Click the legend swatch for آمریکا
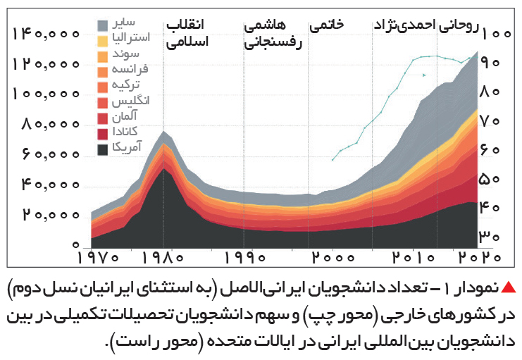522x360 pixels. click(103, 149)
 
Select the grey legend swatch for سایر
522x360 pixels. click(103, 25)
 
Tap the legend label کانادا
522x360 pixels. click(125, 132)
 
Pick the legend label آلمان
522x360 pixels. click(125, 116)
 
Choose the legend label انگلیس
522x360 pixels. click(130, 101)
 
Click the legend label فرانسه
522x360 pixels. click(130, 69)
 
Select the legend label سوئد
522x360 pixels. click(125, 54)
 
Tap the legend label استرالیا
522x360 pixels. click(131, 37)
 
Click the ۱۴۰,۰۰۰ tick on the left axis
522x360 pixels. click(46, 34)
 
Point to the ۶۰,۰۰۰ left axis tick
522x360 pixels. click(51, 154)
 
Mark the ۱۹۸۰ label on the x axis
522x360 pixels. click(163, 258)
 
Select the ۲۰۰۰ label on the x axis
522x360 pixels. click(333, 258)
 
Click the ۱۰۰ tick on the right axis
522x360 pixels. click(497, 34)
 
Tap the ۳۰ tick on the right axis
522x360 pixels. click(490, 237)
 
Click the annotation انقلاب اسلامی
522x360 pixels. click(186, 33)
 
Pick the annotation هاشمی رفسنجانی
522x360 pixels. click(273, 35)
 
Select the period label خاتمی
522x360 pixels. click(327, 25)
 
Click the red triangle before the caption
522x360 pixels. click(509, 287)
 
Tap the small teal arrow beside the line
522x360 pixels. click(424, 75)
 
